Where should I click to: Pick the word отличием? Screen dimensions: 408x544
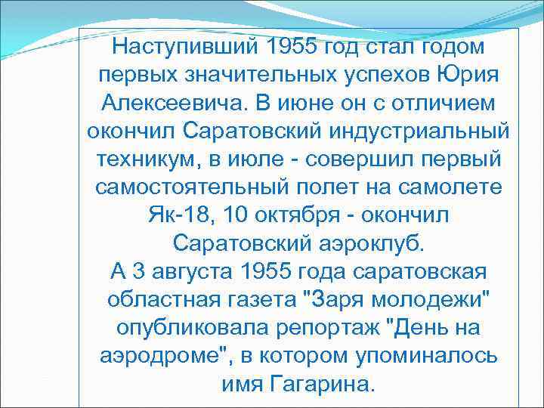[x=442, y=104]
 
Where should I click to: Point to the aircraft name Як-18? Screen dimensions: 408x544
[x=176, y=215]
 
